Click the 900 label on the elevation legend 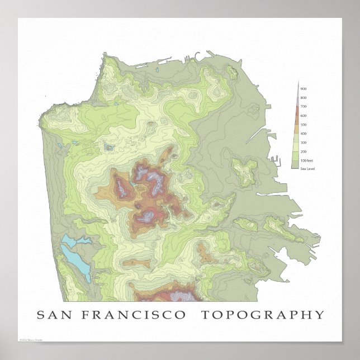(x=303, y=89)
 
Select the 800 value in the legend (x=303, y=98)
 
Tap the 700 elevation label (x=303, y=106)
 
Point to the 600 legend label (x=303, y=115)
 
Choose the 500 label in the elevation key (x=303, y=124)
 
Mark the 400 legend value (x=303, y=133)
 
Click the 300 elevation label (x=303, y=142)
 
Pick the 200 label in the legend (x=303, y=151)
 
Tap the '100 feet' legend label (x=306, y=160)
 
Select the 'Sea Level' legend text (x=307, y=168)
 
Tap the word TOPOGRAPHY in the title (x=262, y=315)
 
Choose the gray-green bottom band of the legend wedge (x=296, y=164)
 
